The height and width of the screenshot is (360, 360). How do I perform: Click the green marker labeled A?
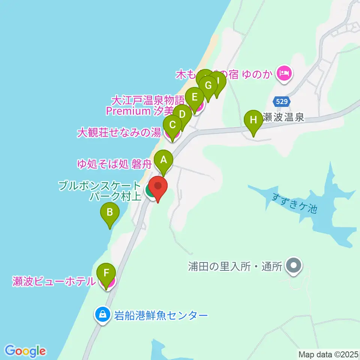(x=163, y=160)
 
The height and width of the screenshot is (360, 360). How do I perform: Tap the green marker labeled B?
(x=110, y=213)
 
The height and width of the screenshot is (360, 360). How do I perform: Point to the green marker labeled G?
(x=208, y=85)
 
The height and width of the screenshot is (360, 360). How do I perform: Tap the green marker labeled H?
(x=253, y=120)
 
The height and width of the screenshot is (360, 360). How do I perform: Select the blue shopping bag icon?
(x=103, y=314)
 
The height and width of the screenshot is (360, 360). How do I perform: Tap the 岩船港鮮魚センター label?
(x=161, y=315)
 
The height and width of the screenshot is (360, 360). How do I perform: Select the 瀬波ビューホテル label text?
(x=54, y=281)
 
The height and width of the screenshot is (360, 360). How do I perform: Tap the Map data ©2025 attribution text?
(x=328, y=354)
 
